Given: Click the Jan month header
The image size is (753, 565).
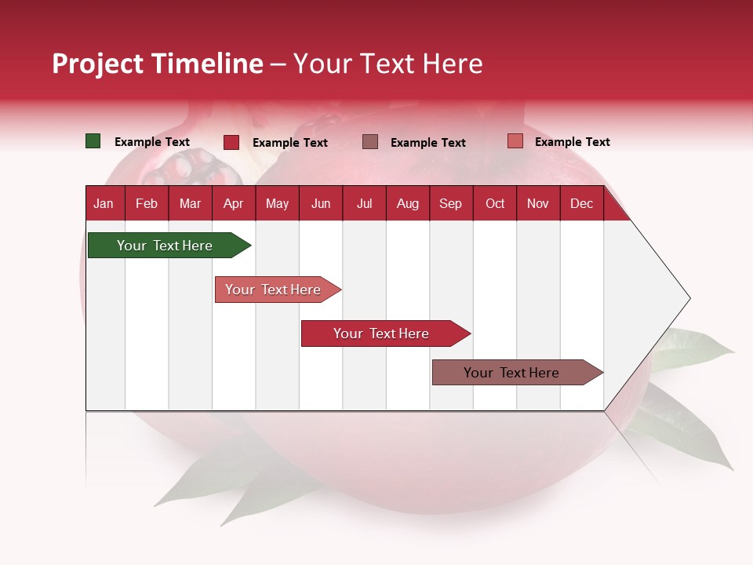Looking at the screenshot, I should click(x=104, y=203).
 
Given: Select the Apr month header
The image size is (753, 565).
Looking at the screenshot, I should click(x=233, y=203).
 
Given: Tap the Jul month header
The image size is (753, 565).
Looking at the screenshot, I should click(x=364, y=203).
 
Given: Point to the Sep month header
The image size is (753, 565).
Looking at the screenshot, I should click(x=450, y=203).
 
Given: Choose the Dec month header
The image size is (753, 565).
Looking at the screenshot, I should click(x=581, y=203).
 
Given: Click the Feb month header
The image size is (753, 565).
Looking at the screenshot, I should click(x=147, y=203).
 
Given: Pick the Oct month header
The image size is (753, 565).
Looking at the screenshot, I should click(x=495, y=203).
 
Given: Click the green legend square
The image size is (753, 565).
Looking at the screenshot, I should click(x=93, y=141).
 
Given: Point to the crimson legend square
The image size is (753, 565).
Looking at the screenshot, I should click(x=231, y=142).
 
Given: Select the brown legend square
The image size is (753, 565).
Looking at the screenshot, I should click(x=370, y=141).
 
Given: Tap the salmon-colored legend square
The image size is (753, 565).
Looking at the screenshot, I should click(x=515, y=141).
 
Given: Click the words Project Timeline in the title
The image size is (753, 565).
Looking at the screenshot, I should click(x=158, y=64).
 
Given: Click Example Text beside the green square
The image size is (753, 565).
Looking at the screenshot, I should click(x=152, y=142).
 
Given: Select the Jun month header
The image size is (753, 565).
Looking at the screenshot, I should click(x=321, y=203).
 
